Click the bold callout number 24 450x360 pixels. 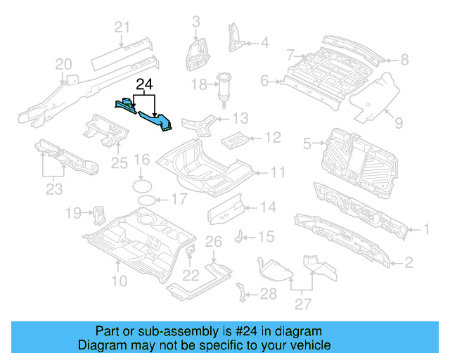[144, 85]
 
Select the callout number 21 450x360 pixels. [123, 27]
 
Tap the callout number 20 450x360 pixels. [64, 65]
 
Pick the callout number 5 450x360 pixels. [307, 144]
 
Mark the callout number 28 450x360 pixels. [268, 293]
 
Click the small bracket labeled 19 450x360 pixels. [98, 212]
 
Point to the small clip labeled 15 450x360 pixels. [239, 234]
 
